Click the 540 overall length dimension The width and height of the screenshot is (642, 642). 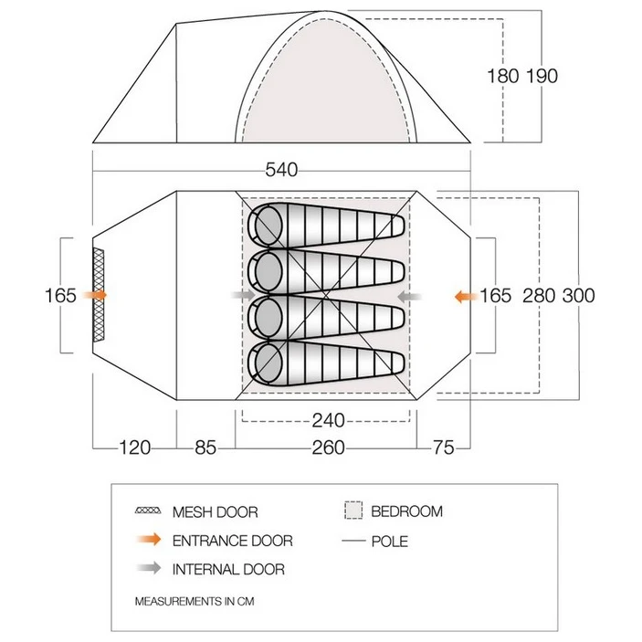tap(281, 170)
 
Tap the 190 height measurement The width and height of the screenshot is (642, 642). tap(542, 76)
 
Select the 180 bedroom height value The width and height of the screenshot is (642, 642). tap(503, 76)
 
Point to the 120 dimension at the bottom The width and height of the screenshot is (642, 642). tap(135, 447)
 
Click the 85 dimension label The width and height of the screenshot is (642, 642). tap(205, 447)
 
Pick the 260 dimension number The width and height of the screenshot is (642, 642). tap(328, 447)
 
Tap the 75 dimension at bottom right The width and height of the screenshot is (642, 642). tap(444, 447)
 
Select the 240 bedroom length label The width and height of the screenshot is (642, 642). tap(329, 420)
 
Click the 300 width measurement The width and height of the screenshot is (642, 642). tap(578, 296)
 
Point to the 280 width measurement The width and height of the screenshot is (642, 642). tap(539, 296)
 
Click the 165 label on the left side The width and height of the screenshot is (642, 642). tap(60, 296)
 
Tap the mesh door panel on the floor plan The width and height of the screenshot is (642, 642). tap(99, 295)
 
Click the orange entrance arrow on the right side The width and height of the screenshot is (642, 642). tap(466, 296)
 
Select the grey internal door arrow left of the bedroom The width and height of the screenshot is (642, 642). tap(243, 295)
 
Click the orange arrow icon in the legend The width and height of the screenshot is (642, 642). tap(150, 539)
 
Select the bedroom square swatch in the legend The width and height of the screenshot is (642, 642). tap(353, 510)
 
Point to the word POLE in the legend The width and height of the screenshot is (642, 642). tap(389, 542)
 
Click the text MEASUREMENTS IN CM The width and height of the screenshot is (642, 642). tap(195, 601)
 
